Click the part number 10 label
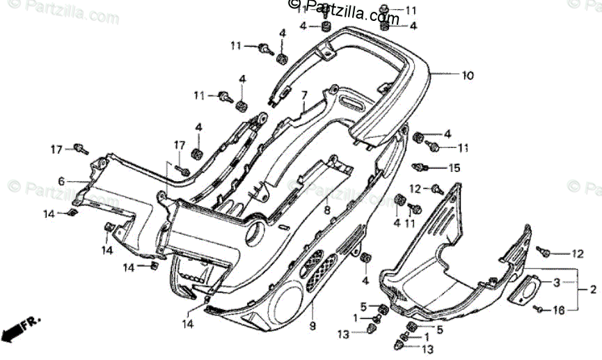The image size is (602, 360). pos(467,75)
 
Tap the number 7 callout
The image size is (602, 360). pos(304,94)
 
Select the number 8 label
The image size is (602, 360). pos(327,209)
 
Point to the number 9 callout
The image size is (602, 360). pos(312,326)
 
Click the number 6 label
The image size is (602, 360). pos(61,182)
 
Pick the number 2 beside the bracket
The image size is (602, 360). pos(593,289)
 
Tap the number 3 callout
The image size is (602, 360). pos(557,283)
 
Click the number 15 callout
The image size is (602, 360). pos(454,168)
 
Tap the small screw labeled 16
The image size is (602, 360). pos(539,309)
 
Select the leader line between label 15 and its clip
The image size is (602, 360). pos(436,168)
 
